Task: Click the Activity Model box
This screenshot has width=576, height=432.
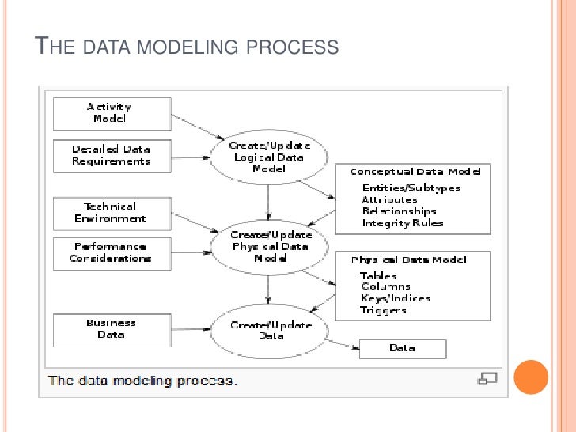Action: [112, 113]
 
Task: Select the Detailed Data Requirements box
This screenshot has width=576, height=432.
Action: [112, 155]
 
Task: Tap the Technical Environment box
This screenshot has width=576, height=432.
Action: [112, 212]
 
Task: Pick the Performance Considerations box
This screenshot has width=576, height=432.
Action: [112, 253]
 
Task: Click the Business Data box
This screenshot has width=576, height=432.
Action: [112, 329]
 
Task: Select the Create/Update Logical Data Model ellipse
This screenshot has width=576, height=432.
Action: [269, 157]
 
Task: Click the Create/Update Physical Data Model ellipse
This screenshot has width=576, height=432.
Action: [271, 247]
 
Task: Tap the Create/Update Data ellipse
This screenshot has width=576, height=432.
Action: [271, 330]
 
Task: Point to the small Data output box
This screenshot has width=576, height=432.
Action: [402, 348]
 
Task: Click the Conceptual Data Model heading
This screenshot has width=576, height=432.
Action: [415, 172]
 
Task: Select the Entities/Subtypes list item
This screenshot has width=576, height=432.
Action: [411, 188]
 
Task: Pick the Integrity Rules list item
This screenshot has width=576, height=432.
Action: [403, 223]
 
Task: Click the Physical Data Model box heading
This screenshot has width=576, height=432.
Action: [408, 260]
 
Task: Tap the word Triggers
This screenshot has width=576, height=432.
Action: [383, 310]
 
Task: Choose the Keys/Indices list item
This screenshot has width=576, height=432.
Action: [396, 298]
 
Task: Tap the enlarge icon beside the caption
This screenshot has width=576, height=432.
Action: [488, 379]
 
